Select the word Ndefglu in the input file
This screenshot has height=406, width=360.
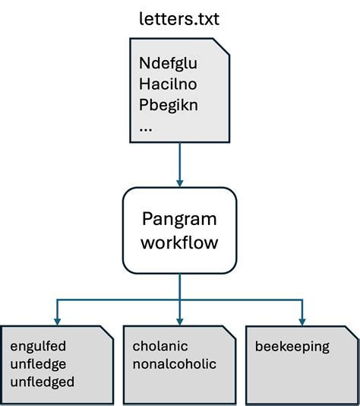[x=168, y=63]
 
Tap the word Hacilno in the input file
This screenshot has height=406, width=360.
[x=168, y=84]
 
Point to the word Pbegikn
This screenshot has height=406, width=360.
[x=169, y=105]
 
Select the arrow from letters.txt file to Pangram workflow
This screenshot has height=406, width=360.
[x=180, y=163]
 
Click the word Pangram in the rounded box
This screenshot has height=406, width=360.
[x=179, y=220]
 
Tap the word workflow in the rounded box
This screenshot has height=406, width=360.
[x=179, y=245]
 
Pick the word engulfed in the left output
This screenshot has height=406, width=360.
[x=37, y=347]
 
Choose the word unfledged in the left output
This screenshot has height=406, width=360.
[x=42, y=382]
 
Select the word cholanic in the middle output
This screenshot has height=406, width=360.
[x=160, y=347]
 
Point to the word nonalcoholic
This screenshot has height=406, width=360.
[x=174, y=364]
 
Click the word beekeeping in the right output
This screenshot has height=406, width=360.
[x=292, y=347]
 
